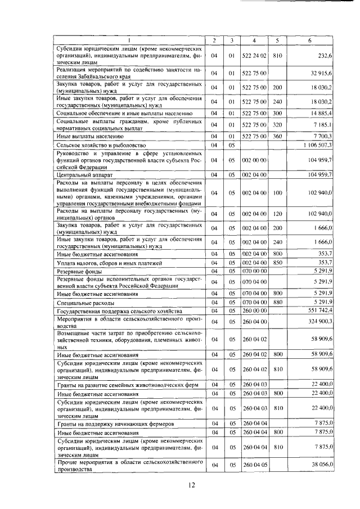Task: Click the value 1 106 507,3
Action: (317, 145)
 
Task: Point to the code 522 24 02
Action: (255, 56)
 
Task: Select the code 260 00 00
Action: (255, 311)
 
